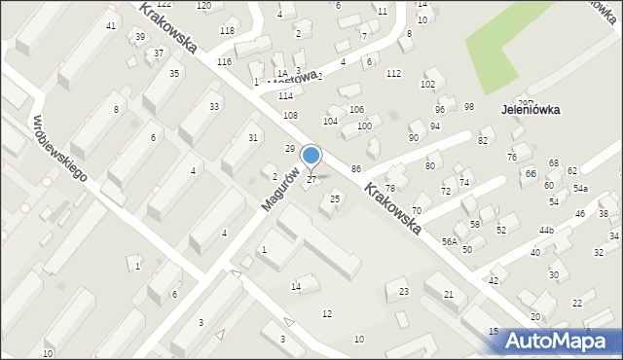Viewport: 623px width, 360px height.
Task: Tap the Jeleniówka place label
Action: [531, 110]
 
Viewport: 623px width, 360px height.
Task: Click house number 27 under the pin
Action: [311, 180]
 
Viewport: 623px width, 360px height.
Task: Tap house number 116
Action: [225, 61]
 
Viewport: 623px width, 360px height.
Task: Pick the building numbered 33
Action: [214, 106]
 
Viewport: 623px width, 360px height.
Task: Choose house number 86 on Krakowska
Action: [356, 169]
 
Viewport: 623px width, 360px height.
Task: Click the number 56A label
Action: [449, 241]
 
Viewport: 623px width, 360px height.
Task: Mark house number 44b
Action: [546, 231]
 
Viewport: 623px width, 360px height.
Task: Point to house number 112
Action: [393, 74]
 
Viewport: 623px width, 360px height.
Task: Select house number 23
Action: [404, 292]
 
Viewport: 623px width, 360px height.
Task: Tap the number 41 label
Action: [111, 25]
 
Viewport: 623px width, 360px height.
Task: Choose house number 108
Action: [290, 116]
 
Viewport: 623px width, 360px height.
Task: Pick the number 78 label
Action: [390, 188]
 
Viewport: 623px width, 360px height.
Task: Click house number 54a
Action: [580, 189]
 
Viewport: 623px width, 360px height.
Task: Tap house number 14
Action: [296, 286]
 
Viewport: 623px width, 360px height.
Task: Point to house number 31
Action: [253, 138]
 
